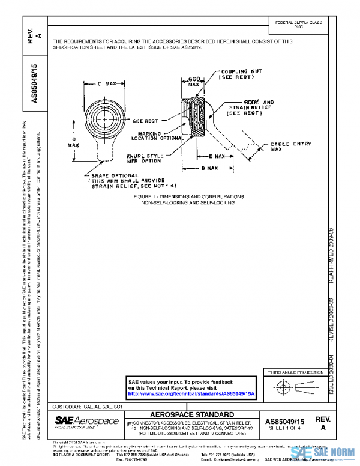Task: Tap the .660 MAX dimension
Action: coord(194,81)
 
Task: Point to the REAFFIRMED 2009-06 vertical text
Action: coord(329,255)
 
